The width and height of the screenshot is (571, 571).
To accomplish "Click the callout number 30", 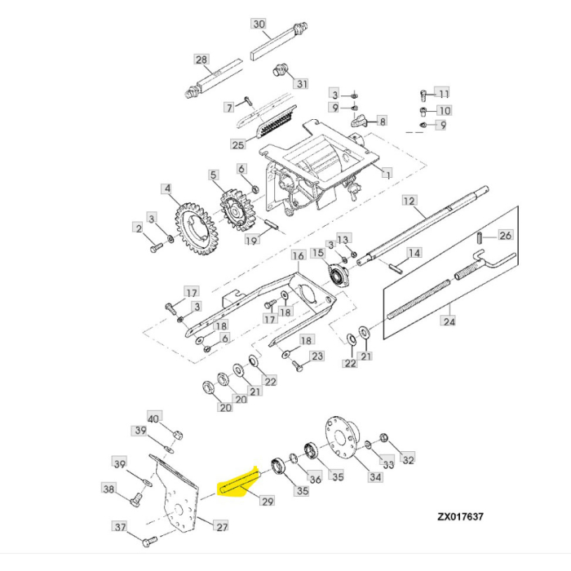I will (259, 24).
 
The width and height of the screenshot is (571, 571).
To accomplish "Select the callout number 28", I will (201, 59).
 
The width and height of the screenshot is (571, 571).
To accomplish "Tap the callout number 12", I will (409, 201).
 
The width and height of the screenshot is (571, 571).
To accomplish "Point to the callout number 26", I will (505, 236).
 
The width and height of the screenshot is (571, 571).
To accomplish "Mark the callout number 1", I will (387, 174).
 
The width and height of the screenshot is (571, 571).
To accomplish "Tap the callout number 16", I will (298, 256).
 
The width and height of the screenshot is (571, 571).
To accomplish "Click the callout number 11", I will (443, 94).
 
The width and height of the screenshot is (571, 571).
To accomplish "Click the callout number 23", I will (317, 356).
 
